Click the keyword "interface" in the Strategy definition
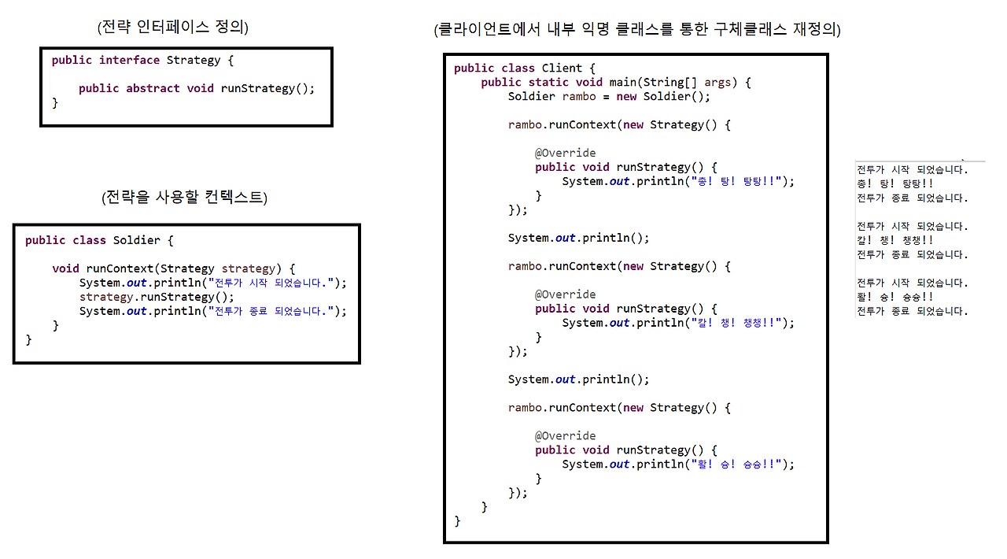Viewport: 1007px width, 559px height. [129, 61]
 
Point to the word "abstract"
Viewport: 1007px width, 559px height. [153, 89]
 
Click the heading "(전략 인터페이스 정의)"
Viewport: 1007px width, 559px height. [172, 28]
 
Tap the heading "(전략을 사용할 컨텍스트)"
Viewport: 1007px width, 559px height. [184, 198]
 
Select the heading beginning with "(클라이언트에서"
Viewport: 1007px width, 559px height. [636, 31]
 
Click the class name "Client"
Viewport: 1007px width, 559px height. [562, 68]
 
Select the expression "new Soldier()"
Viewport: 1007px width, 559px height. [666, 97]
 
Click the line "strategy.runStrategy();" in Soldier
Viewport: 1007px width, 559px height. [157, 297]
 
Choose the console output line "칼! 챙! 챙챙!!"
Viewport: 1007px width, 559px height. [895, 240]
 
